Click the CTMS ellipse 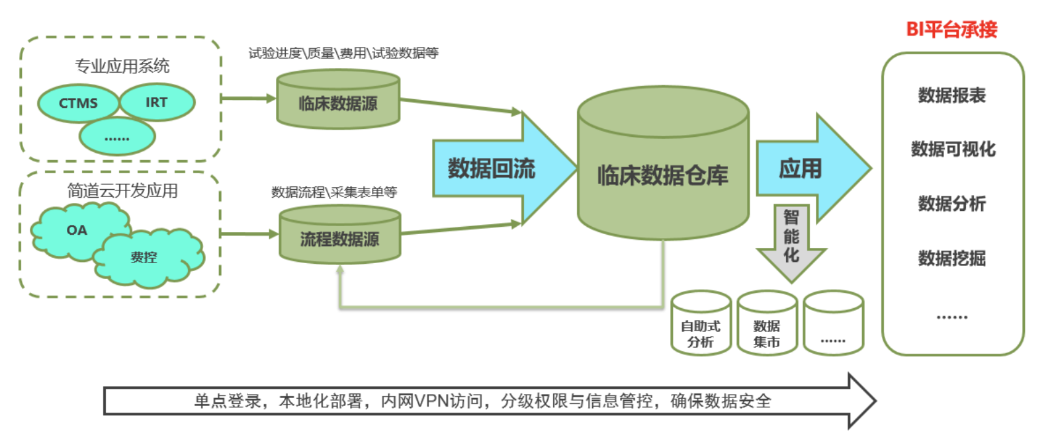coord(78,103)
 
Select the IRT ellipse coord(157,102)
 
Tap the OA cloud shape coord(77,230)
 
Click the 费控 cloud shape coord(144,257)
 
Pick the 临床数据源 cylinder coord(338,103)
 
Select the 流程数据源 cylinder coord(340,239)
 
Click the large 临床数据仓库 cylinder coord(663,175)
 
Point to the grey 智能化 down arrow coord(791,237)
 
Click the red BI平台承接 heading coord(951,29)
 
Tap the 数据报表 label coord(952,95)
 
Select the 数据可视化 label coord(953,149)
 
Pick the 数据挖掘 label coord(952,258)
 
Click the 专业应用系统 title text coord(122,66)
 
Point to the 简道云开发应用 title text coord(122,191)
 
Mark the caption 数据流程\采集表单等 coord(334,192)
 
